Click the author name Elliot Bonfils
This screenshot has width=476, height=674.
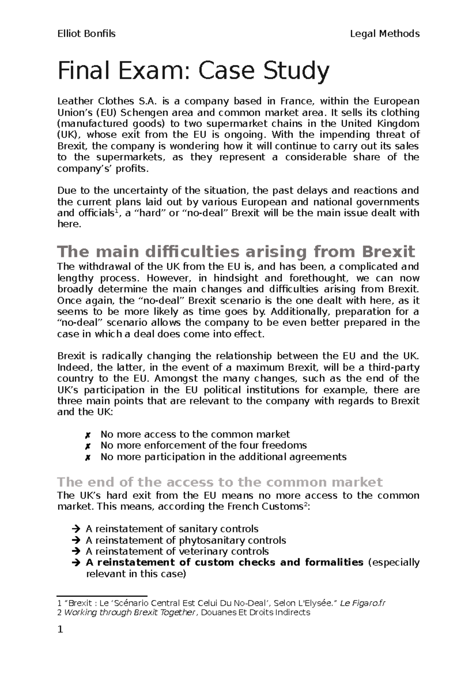click(x=86, y=34)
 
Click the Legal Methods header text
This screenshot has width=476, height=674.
click(x=385, y=34)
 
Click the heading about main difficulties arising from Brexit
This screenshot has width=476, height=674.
click(x=236, y=252)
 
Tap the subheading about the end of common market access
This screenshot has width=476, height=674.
click(x=220, y=482)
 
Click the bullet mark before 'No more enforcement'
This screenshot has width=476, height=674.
click(x=88, y=446)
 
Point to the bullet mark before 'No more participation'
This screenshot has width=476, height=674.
click(x=88, y=457)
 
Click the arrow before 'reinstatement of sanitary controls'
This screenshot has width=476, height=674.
click(x=76, y=529)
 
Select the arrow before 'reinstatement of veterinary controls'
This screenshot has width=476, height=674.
click(x=76, y=552)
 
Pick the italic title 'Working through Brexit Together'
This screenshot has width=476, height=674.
click(x=129, y=612)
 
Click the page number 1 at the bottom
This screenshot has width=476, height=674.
click(x=60, y=630)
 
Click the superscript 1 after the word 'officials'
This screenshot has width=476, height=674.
click(x=116, y=211)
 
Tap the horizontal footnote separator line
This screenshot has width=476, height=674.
click(x=102, y=596)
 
